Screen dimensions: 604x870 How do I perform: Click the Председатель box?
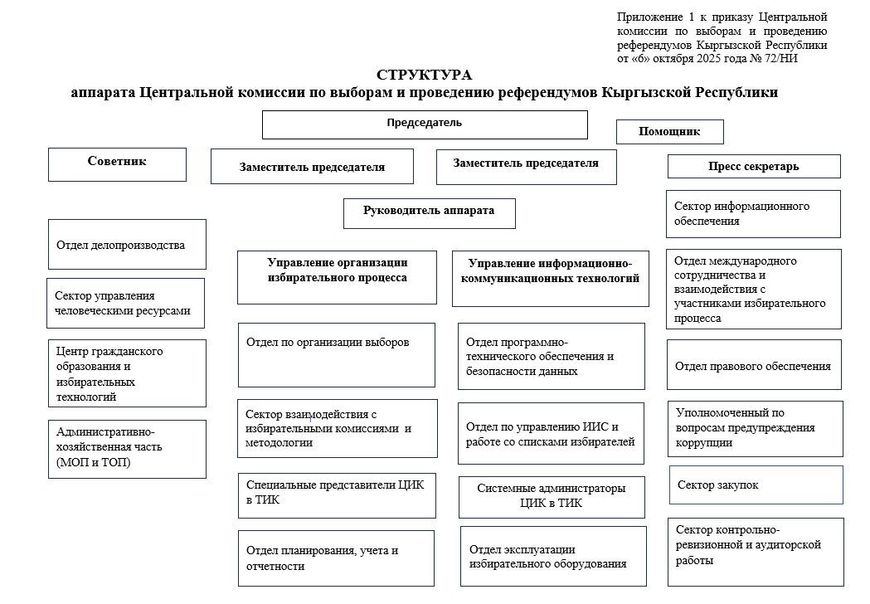pyautogui.click(x=425, y=124)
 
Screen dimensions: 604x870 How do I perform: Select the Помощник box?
pyautogui.click(x=669, y=132)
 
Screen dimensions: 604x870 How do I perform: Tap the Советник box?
pyautogui.click(x=117, y=163)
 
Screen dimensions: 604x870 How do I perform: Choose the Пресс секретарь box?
pyautogui.click(x=753, y=166)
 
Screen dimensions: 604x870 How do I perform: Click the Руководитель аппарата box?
pyautogui.click(x=429, y=212)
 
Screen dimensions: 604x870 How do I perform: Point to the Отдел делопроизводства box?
pyautogui.click(x=127, y=244)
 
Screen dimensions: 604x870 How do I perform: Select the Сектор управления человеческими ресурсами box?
pyautogui.click(x=125, y=303)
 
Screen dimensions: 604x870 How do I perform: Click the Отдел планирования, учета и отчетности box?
pyautogui.click(x=335, y=558)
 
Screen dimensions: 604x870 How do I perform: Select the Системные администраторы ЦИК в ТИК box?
pyautogui.click(x=551, y=496)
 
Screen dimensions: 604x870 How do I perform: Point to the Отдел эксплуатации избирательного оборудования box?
pyautogui.click(x=552, y=556)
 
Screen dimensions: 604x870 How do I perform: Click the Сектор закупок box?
pyautogui.click(x=756, y=485)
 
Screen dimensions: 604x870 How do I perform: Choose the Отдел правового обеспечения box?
pyautogui.click(x=753, y=365)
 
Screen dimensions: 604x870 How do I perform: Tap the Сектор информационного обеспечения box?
pyautogui.click(x=753, y=213)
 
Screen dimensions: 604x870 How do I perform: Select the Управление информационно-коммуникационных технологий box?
pyautogui.click(x=550, y=270)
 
